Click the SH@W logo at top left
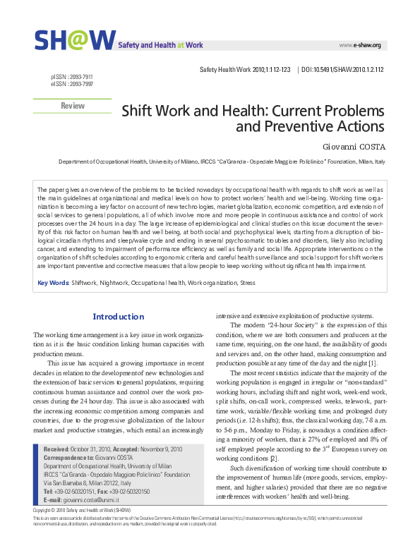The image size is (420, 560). (x=73, y=40)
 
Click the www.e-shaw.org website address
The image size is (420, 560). (x=360, y=45)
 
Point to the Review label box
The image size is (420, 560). (x=73, y=106)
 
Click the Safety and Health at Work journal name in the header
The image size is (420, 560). (x=160, y=45)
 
